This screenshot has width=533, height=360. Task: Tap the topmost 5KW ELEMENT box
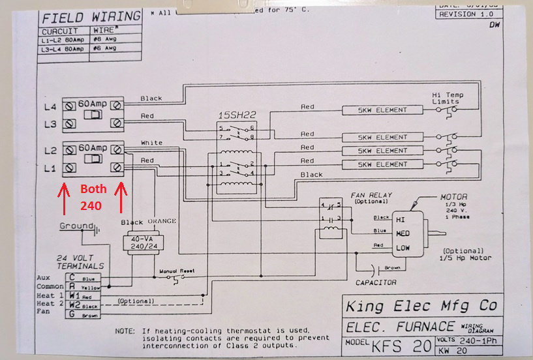click(x=383, y=110)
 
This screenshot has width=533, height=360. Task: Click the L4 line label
click(x=50, y=106)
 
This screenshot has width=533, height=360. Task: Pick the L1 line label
click(x=50, y=169)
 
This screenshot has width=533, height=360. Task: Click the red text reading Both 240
click(x=92, y=197)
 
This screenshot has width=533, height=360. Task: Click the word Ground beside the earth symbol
click(x=76, y=226)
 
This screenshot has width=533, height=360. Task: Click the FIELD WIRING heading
click(x=91, y=16)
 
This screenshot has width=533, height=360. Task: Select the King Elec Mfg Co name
click(x=421, y=305)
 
